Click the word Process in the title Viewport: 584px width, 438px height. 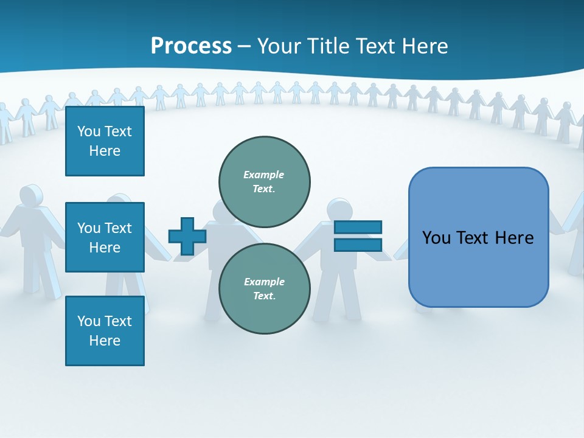coord(191,46)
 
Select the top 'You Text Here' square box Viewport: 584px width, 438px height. coord(105,141)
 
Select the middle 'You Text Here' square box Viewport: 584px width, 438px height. coord(105,237)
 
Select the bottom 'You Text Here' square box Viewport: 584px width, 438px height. coord(105,331)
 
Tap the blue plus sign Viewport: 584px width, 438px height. coord(187,237)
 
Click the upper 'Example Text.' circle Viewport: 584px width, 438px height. coord(265,182)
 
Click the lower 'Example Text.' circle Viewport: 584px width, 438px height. coord(265,289)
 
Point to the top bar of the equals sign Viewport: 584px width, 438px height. coord(358,228)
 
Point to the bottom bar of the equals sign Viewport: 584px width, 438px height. coord(358,245)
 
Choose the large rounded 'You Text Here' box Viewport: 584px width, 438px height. coord(478,268)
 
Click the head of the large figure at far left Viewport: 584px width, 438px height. coord(30,196)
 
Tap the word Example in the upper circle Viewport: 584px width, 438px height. coord(263,175)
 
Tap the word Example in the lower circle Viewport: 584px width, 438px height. coord(264,282)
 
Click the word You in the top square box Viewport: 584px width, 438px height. coord(89,131)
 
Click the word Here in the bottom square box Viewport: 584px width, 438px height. coord(105,341)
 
